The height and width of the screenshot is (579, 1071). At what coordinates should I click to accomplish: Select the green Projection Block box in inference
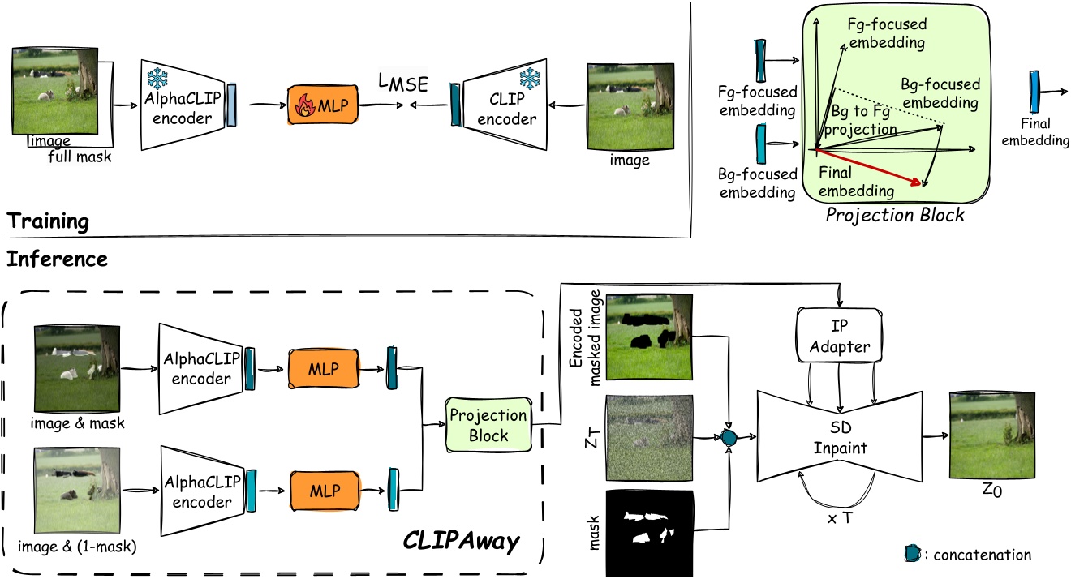tap(488, 425)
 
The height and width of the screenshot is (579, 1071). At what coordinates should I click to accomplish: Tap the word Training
tap(48, 221)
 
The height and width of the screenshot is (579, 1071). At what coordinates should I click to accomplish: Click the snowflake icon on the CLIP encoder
tap(531, 79)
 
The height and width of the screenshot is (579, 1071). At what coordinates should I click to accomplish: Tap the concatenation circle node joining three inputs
tap(729, 438)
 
